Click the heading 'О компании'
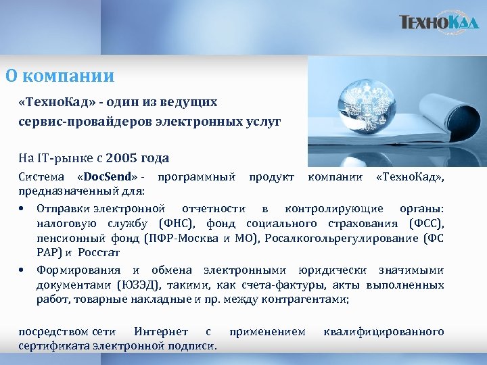[60, 76]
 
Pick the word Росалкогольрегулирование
[341, 238]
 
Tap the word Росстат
[97, 253]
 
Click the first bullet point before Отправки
[23, 209]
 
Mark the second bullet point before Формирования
[23, 270]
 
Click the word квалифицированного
[384, 331]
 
